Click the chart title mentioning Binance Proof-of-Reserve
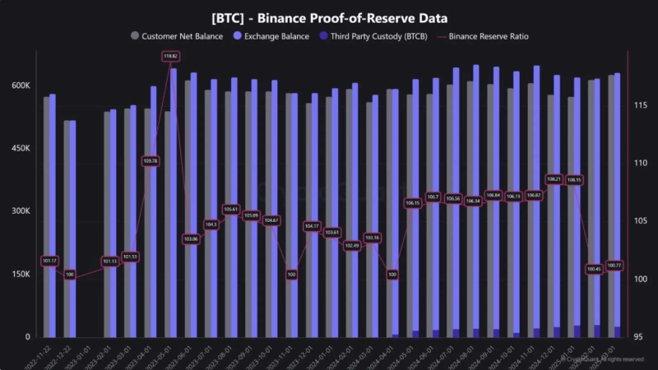[x=329, y=17]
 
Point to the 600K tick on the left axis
[x=21, y=86]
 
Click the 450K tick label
[x=21, y=149]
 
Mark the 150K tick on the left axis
[x=21, y=274]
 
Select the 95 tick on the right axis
[x=637, y=337]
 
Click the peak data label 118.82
[x=171, y=56]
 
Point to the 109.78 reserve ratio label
[x=151, y=161]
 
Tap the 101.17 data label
[x=49, y=261]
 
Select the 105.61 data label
[x=231, y=210]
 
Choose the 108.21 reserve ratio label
[x=554, y=178]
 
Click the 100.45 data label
[x=594, y=269]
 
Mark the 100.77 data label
[x=614, y=265]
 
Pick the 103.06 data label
[x=191, y=239]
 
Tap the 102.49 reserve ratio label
[x=352, y=245]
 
